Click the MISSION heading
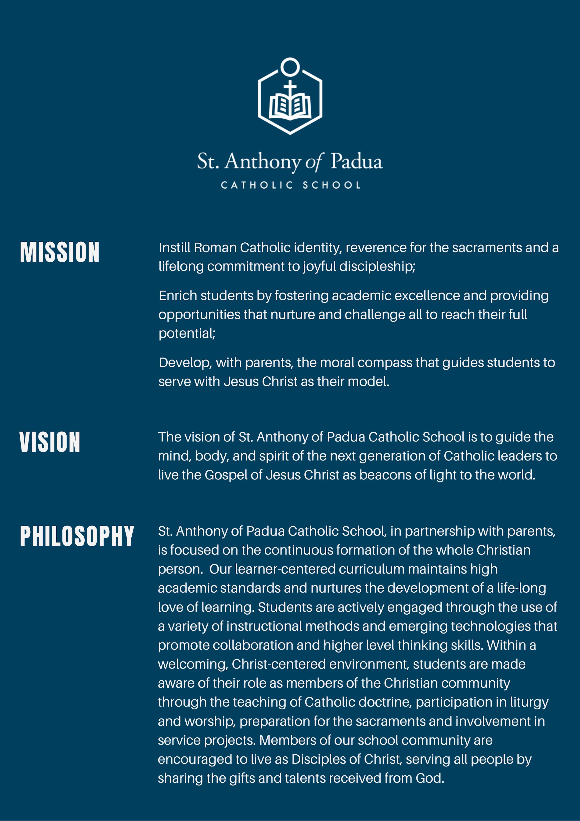[x=59, y=252]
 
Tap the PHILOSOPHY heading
[x=77, y=536]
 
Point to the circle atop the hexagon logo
[x=290, y=66]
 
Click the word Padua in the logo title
[x=356, y=162]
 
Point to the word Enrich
[x=178, y=296]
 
